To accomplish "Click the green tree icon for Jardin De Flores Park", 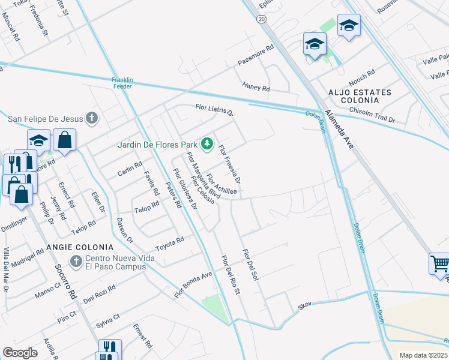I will coord(207,143).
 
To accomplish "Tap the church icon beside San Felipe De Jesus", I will coord(92,118).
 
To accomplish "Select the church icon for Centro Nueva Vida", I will coord(76,262).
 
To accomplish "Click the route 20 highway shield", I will coord(262,19).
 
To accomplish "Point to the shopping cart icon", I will coord(439,263).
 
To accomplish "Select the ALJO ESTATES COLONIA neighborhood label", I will coord(360,92).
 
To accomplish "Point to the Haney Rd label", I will coord(256,87).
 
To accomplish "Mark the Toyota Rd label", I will coord(169,243).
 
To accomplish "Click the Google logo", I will coord(20,352).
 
